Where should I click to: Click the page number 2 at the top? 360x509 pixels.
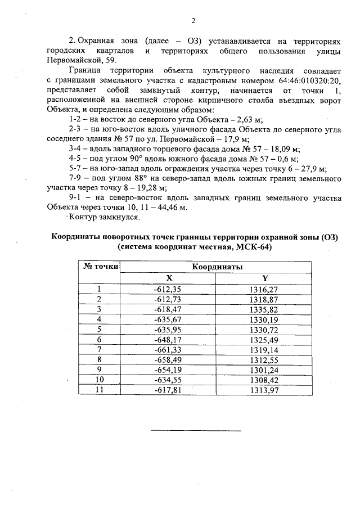tap(192, 21)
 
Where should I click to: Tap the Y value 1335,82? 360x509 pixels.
tap(264, 309)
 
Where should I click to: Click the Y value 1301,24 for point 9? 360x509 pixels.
tap(264, 369)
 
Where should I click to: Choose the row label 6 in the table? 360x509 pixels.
tap(99, 339)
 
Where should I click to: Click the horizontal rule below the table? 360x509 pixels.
tap(196, 431)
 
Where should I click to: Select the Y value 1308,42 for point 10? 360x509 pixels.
tap(264, 379)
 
